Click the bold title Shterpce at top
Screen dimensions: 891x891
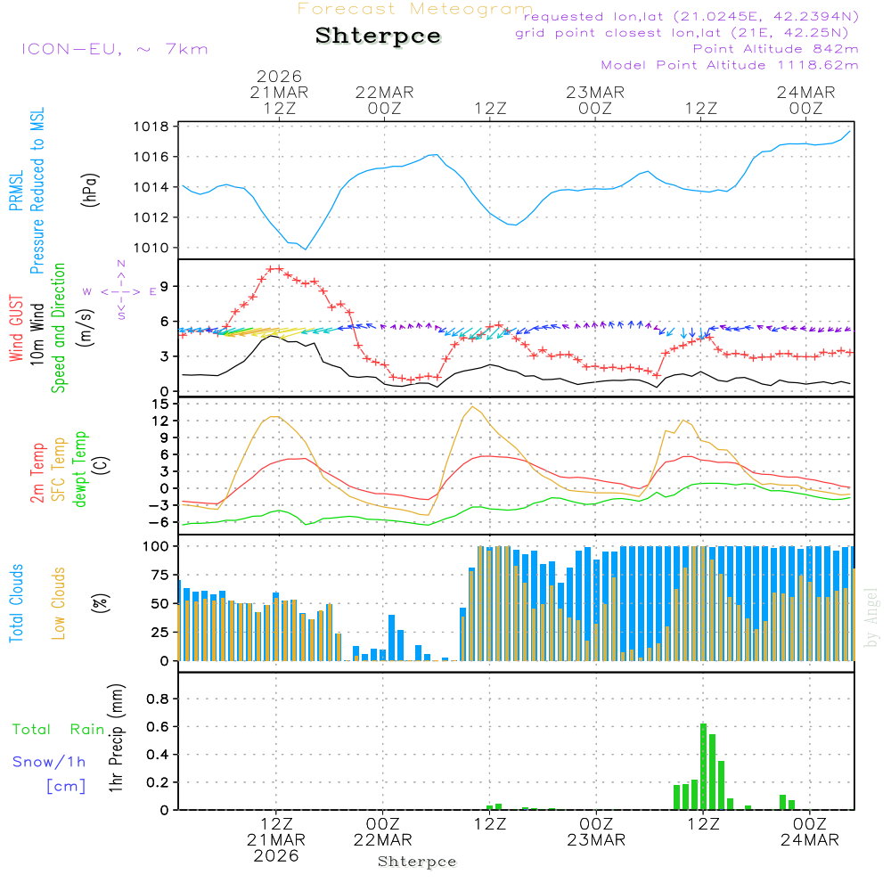378,37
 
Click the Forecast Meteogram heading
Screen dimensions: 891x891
415,9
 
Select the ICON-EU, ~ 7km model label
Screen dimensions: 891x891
114,49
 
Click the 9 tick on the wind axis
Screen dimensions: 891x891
164,286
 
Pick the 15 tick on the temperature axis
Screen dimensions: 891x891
160,404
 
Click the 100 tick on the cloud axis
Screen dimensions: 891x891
157,546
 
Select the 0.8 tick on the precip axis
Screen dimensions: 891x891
158,699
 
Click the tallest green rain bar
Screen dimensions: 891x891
703,766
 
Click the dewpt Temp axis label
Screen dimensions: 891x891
80,469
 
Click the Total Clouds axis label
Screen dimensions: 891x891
17,603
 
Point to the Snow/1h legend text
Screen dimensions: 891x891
49,762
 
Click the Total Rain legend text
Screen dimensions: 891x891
58,729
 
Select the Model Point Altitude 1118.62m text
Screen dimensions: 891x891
730,65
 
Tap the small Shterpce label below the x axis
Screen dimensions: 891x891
417,862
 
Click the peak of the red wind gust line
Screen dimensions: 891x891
274,268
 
